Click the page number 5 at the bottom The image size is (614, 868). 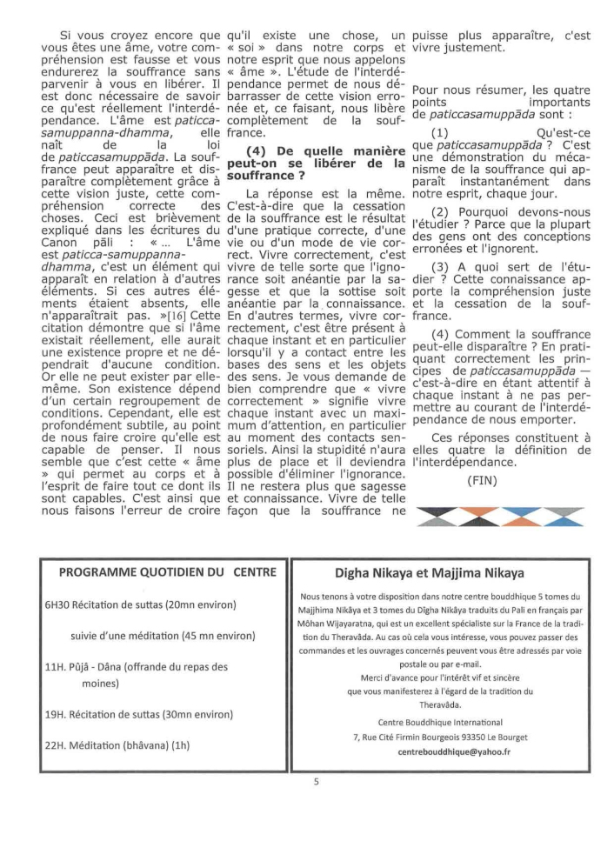[317, 781]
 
